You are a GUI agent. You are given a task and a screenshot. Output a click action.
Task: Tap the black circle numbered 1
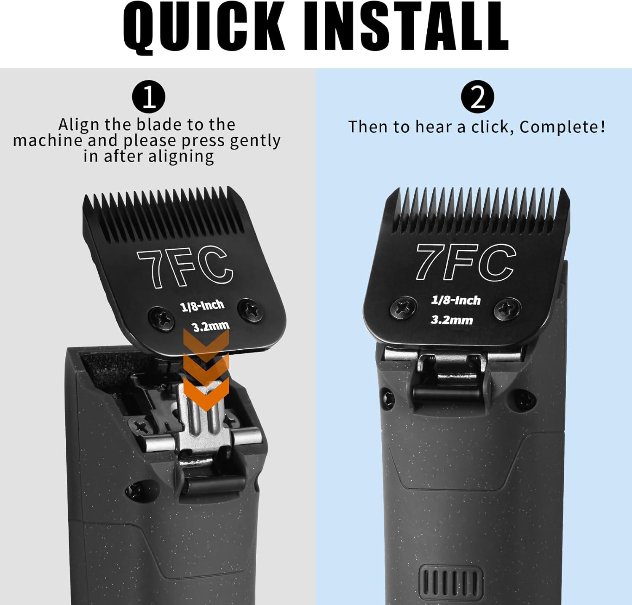tap(148, 97)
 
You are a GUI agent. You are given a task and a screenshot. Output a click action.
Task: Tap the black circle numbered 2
tap(477, 97)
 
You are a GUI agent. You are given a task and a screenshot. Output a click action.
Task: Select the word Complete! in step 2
tap(562, 127)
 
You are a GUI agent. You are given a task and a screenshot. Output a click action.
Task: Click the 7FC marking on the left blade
tap(184, 268)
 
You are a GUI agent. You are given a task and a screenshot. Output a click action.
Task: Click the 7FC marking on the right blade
tap(466, 262)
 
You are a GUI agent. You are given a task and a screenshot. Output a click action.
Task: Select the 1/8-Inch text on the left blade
tap(202, 305)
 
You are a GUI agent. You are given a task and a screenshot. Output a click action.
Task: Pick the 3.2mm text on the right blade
tap(452, 320)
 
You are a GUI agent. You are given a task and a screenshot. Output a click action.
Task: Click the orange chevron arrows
tap(206, 369)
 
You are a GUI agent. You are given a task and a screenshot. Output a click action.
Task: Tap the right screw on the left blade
tap(250, 311)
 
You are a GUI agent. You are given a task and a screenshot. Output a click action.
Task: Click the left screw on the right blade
tap(403, 308)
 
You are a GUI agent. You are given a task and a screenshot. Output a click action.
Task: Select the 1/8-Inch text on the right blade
tap(456, 300)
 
